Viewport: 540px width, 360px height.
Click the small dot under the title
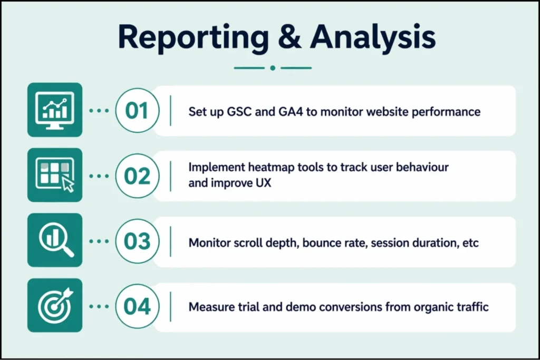[x=272, y=67]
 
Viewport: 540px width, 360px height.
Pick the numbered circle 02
[x=137, y=176]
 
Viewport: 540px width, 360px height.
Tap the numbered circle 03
[x=137, y=241]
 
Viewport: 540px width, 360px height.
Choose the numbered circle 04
[x=137, y=307]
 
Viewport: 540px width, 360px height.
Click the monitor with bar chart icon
[x=55, y=110]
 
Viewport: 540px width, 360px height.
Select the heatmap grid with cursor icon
[x=55, y=175]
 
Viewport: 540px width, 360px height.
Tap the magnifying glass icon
[x=55, y=240]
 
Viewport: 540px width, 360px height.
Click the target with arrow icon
[x=55, y=306]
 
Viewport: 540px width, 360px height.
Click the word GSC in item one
[x=237, y=112]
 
